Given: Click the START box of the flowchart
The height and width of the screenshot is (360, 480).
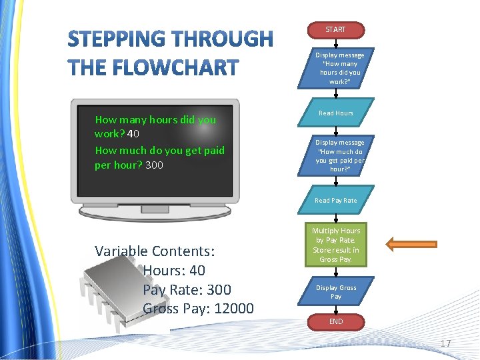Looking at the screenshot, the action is (x=335, y=30).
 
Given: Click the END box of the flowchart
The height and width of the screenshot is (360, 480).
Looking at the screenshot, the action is (x=335, y=321).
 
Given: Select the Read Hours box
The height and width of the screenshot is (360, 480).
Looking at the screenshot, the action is (x=335, y=113).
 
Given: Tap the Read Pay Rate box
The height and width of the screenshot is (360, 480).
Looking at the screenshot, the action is (x=335, y=200).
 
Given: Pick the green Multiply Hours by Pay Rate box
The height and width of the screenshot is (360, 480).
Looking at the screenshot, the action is (x=335, y=245).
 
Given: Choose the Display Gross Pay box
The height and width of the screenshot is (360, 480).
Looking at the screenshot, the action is (x=335, y=292).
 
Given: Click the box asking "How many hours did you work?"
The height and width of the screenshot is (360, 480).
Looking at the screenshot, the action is (x=339, y=69).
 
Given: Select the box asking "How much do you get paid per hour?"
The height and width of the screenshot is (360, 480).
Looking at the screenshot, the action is (x=339, y=156).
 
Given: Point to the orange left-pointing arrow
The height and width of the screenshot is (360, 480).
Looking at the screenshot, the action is (x=411, y=245).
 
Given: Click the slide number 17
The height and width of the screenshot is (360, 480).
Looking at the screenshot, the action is (x=445, y=343).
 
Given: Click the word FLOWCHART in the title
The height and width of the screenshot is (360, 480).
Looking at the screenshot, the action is (x=177, y=67).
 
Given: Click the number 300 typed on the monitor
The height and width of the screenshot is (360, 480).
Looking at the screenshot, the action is (x=154, y=165).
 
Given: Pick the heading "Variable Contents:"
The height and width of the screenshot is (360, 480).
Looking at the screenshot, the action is (x=155, y=251).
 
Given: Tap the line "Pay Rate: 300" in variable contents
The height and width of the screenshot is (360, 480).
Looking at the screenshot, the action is (x=187, y=289).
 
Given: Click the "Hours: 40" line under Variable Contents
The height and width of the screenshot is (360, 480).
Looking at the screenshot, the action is (x=173, y=271).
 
